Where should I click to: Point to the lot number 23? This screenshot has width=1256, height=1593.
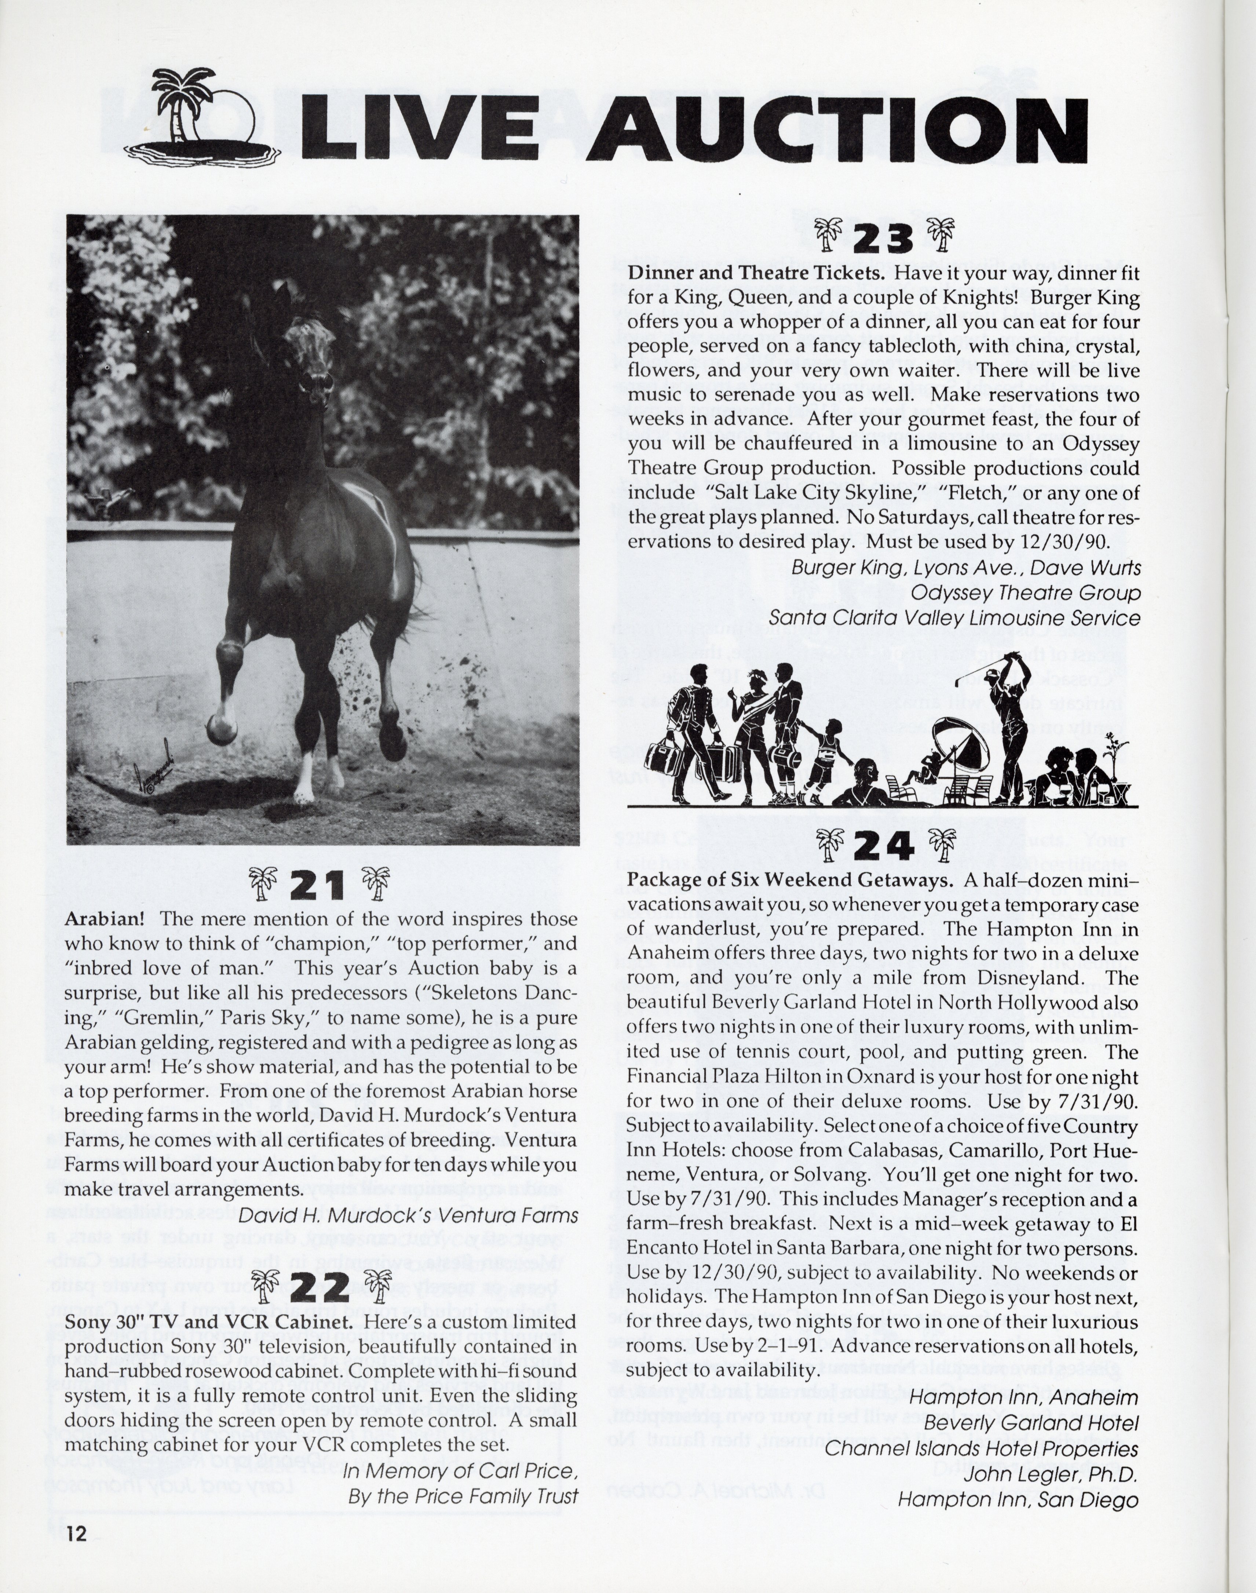(x=885, y=239)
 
